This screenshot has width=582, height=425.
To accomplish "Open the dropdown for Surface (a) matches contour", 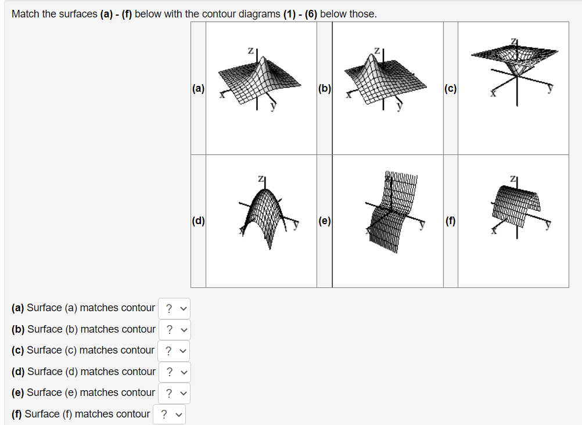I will [x=174, y=308].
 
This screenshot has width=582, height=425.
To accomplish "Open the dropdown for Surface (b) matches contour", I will [x=174, y=330].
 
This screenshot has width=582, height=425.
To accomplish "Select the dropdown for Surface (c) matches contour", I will [x=174, y=351].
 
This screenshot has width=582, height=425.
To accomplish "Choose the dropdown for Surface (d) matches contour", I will [x=174, y=372].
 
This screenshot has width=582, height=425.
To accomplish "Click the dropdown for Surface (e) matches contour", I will [x=174, y=393].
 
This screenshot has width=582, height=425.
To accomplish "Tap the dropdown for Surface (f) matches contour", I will [x=169, y=415].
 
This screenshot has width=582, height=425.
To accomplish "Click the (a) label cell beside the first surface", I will [x=198, y=89].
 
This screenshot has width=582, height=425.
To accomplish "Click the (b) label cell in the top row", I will [x=325, y=89].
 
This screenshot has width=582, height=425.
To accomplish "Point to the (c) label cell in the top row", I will [x=450, y=89].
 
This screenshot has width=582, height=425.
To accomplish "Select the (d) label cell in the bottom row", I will [x=198, y=221].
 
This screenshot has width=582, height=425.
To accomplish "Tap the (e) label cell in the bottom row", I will [x=325, y=221].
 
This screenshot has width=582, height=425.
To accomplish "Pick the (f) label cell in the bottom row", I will [x=450, y=221].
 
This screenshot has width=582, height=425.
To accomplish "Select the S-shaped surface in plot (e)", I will [x=392, y=212].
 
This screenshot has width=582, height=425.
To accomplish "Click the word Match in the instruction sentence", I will [x=24, y=14].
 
